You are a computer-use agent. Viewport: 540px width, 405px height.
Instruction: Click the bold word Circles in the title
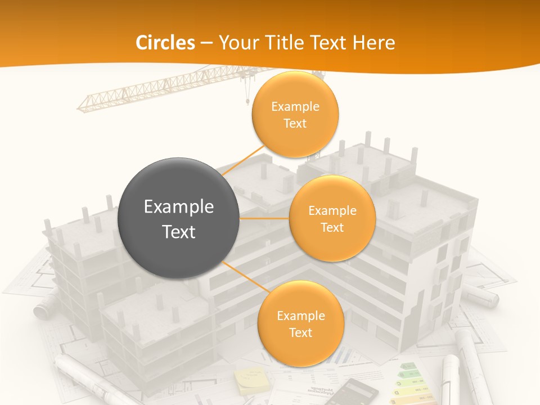click(x=165, y=43)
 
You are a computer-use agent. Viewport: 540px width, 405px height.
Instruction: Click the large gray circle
click(x=179, y=218)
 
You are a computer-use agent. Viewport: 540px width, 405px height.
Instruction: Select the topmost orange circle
click(x=295, y=114)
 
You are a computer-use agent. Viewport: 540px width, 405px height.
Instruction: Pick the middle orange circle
click(x=332, y=218)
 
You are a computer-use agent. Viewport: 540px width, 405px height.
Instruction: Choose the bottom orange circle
click(x=300, y=323)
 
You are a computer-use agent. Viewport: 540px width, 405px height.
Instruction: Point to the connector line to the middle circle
click(x=264, y=218)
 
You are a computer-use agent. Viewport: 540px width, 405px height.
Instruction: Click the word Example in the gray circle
click(x=179, y=207)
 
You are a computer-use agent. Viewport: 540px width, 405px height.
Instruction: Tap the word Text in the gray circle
click(x=179, y=232)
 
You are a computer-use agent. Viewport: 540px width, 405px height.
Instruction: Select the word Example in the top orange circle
click(x=295, y=106)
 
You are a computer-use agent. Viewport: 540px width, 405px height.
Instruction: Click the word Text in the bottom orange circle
click(x=300, y=332)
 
